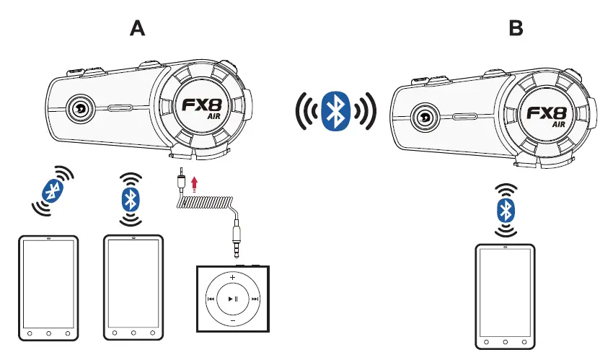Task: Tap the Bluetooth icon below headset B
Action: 505,210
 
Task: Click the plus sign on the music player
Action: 232,277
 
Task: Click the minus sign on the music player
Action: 232,320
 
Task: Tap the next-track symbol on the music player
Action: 255,299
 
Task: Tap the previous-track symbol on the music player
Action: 211,299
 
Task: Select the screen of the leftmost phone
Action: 48,284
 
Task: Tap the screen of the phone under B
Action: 505,294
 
